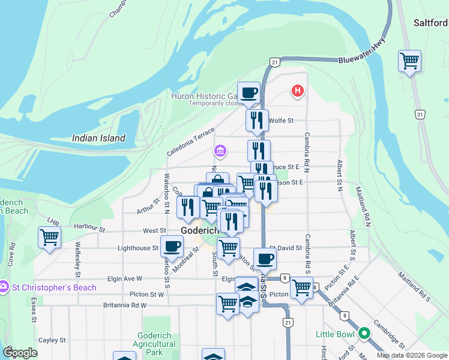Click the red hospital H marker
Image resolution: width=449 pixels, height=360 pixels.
point(297,91)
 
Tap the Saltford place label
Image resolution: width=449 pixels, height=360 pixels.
point(430,23)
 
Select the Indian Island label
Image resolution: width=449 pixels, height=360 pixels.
point(98,138)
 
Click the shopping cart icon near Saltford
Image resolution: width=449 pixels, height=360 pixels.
point(409,61)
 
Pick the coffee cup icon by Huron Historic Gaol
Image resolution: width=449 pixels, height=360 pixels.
point(249,93)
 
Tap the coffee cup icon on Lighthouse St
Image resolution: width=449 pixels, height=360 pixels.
point(172,246)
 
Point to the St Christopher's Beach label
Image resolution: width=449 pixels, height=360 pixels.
point(52,287)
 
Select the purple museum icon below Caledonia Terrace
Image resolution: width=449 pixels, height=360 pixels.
point(220,150)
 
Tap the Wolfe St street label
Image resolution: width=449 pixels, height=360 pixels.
point(281,121)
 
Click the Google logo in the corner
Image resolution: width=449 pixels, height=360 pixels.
point(20,353)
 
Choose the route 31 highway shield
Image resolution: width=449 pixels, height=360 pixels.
point(420,114)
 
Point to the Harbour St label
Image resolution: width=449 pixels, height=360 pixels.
point(89,228)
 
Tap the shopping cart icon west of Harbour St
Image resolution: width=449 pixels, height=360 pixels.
point(49,237)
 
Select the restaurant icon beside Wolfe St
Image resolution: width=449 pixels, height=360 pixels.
point(257,120)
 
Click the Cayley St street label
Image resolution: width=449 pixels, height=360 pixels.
point(52,340)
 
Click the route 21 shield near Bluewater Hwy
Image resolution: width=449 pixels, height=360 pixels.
point(274,62)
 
